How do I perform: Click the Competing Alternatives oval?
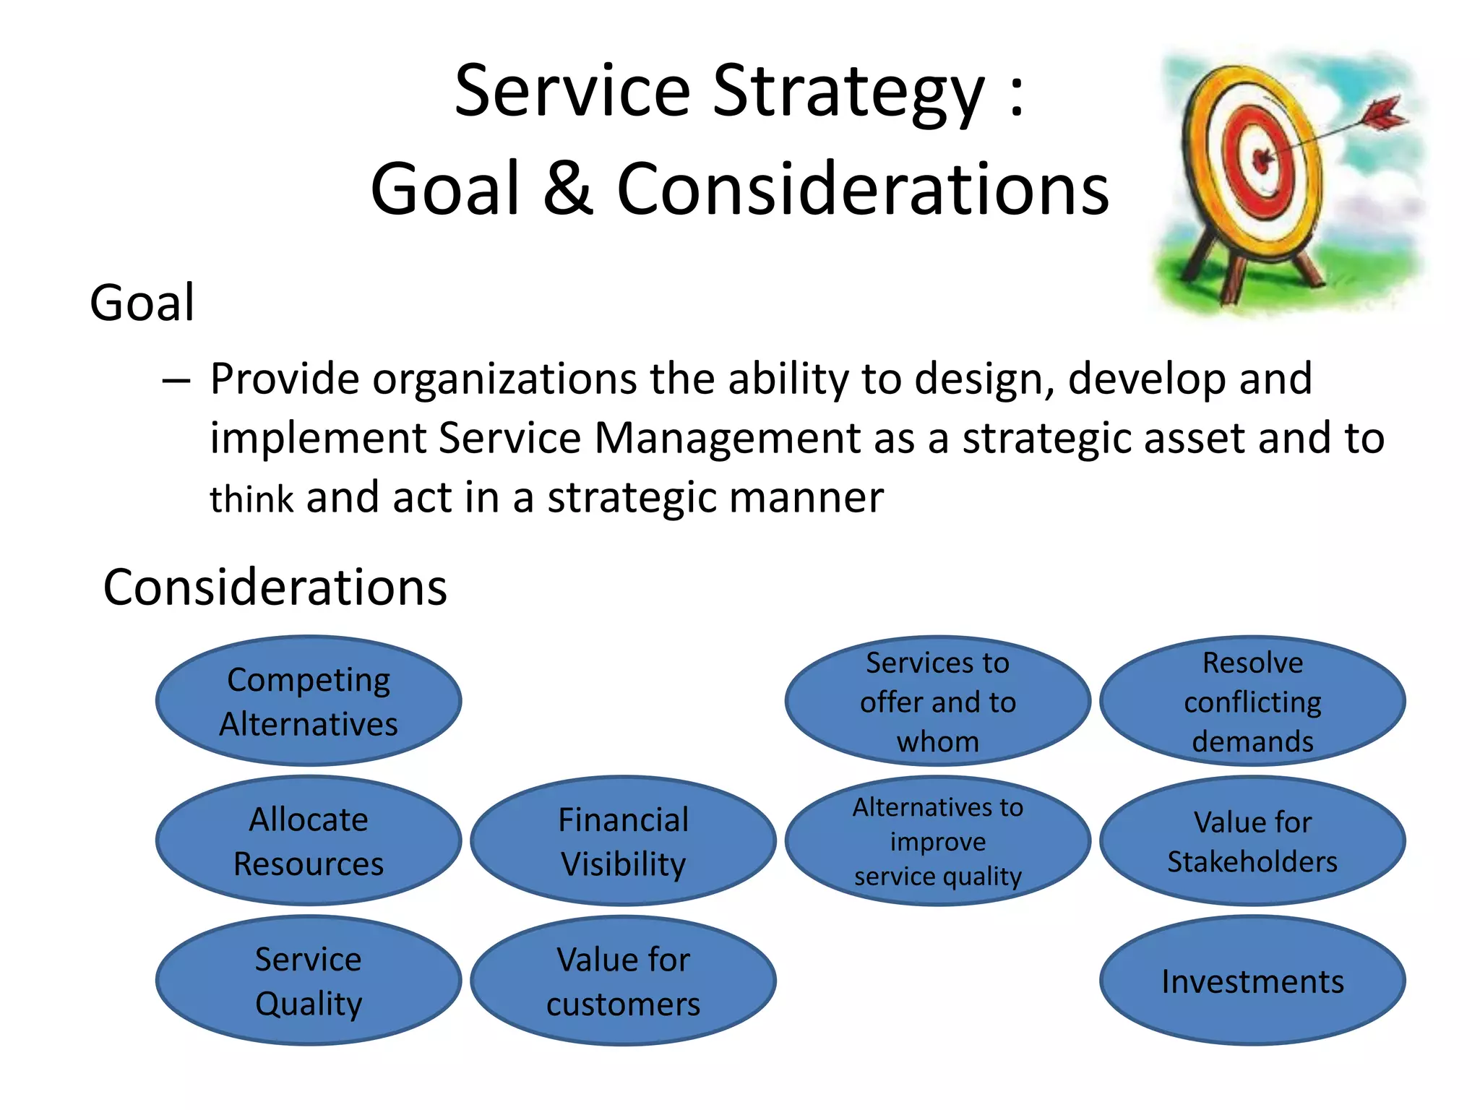309,701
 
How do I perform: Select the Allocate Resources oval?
309,840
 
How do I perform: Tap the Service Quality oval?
309,981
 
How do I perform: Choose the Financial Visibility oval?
623,840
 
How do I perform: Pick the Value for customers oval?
623,981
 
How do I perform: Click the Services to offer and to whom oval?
937,701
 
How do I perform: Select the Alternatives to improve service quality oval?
937,840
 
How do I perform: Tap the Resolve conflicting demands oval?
1252,701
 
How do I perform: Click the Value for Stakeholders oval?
1252,840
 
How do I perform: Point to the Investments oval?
1252,981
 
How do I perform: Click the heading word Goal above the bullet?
142,303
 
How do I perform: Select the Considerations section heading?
275,587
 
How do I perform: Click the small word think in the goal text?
251,499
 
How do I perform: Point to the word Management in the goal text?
727,438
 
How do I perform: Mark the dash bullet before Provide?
176,380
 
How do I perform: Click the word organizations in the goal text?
504,379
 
